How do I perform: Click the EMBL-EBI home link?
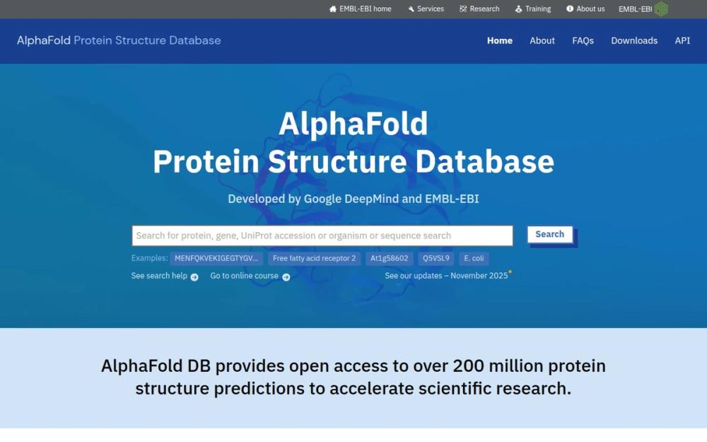pos(361,9)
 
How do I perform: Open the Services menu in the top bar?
pos(426,9)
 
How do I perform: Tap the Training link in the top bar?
pos(533,9)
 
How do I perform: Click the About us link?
pos(585,9)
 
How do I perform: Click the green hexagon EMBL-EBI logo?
pos(661,9)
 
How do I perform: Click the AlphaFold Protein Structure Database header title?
pos(119,40)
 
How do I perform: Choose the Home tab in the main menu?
pos(500,40)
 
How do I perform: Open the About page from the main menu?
pos(542,40)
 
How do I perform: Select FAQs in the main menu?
pos(583,40)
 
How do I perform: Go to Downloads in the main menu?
pos(634,40)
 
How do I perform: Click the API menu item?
pos(682,40)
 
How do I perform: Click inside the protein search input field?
pos(322,235)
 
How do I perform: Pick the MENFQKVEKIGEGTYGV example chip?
pos(216,259)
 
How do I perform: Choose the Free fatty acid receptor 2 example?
pos(315,259)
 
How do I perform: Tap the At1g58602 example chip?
pos(389,259)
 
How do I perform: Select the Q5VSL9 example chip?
pos(436,259)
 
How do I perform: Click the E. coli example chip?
pos(474,259)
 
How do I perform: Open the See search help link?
pos(164,276)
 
